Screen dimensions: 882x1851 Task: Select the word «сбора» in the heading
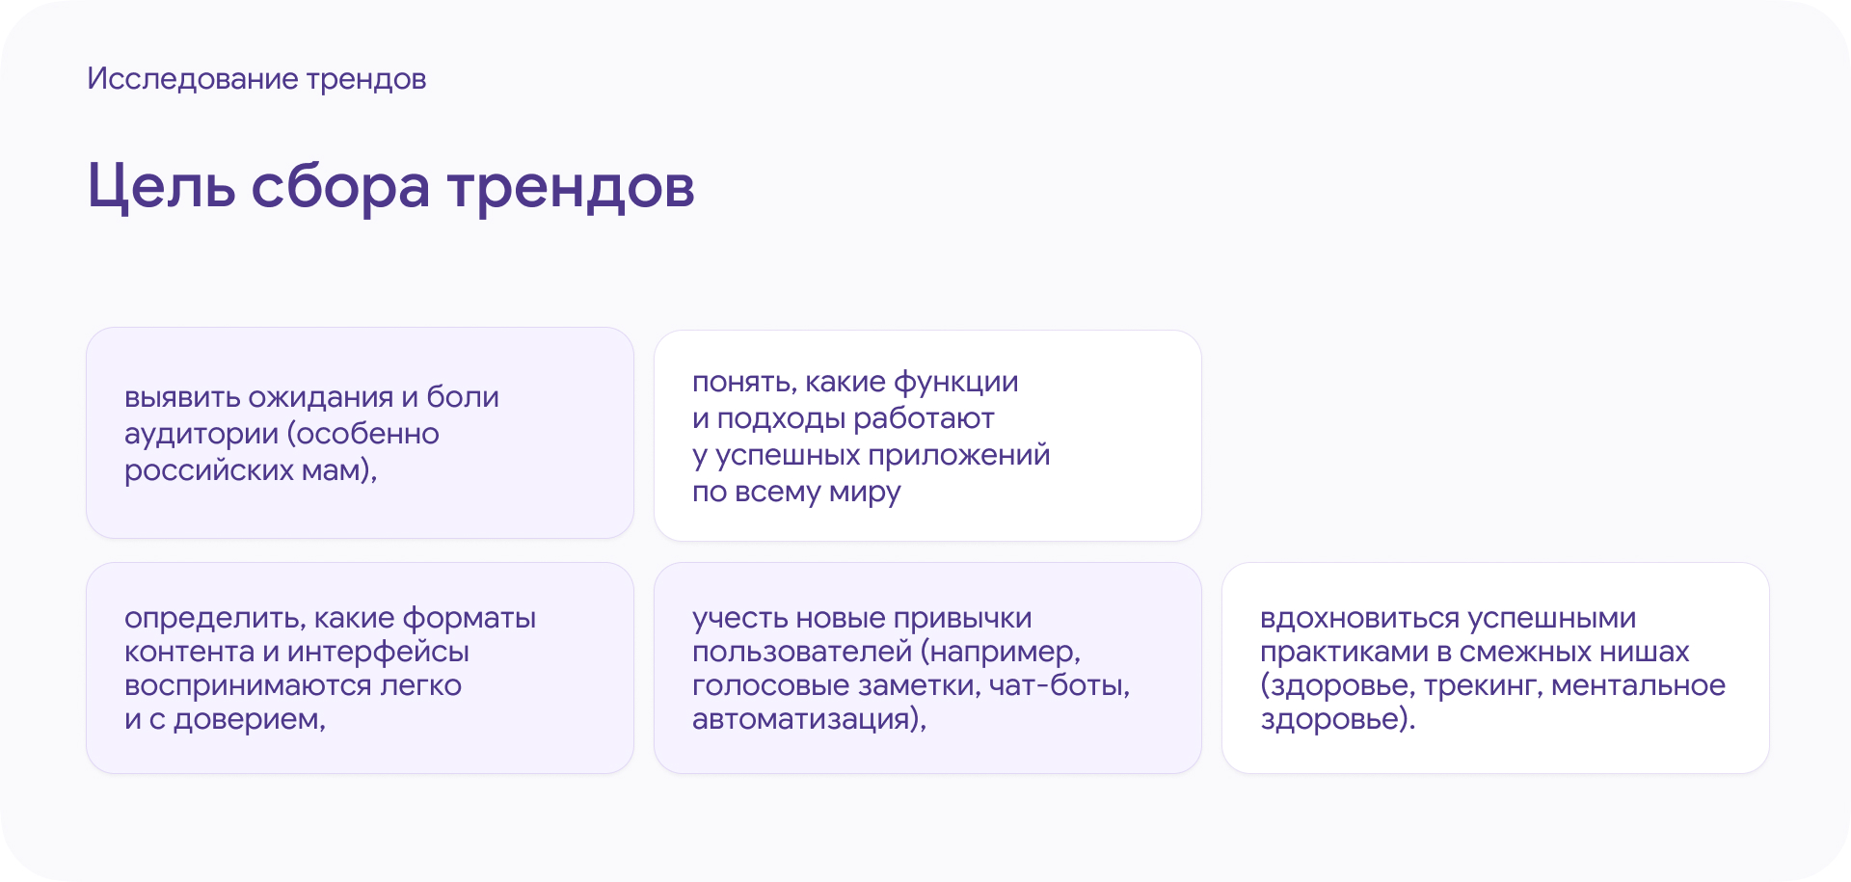point(340,186)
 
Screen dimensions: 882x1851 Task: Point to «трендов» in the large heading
point(571,186)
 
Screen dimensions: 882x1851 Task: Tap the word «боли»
point(463,397)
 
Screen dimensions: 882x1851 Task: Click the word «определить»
point(213,618)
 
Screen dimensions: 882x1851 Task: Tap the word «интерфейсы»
point(378,653)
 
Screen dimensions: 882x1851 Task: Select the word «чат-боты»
point(1059,685)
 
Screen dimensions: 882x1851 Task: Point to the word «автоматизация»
point(804,719)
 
